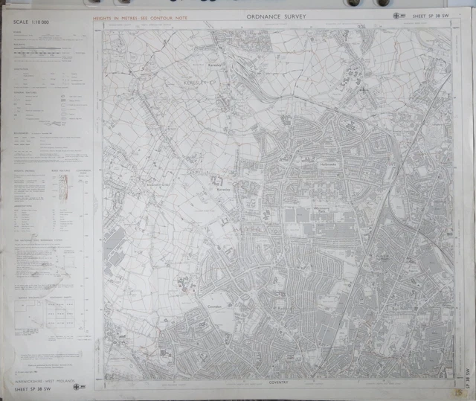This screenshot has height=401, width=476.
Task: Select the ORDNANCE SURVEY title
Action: [x=274, y=15]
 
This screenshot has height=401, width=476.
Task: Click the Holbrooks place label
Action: [x=329, y=158]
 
